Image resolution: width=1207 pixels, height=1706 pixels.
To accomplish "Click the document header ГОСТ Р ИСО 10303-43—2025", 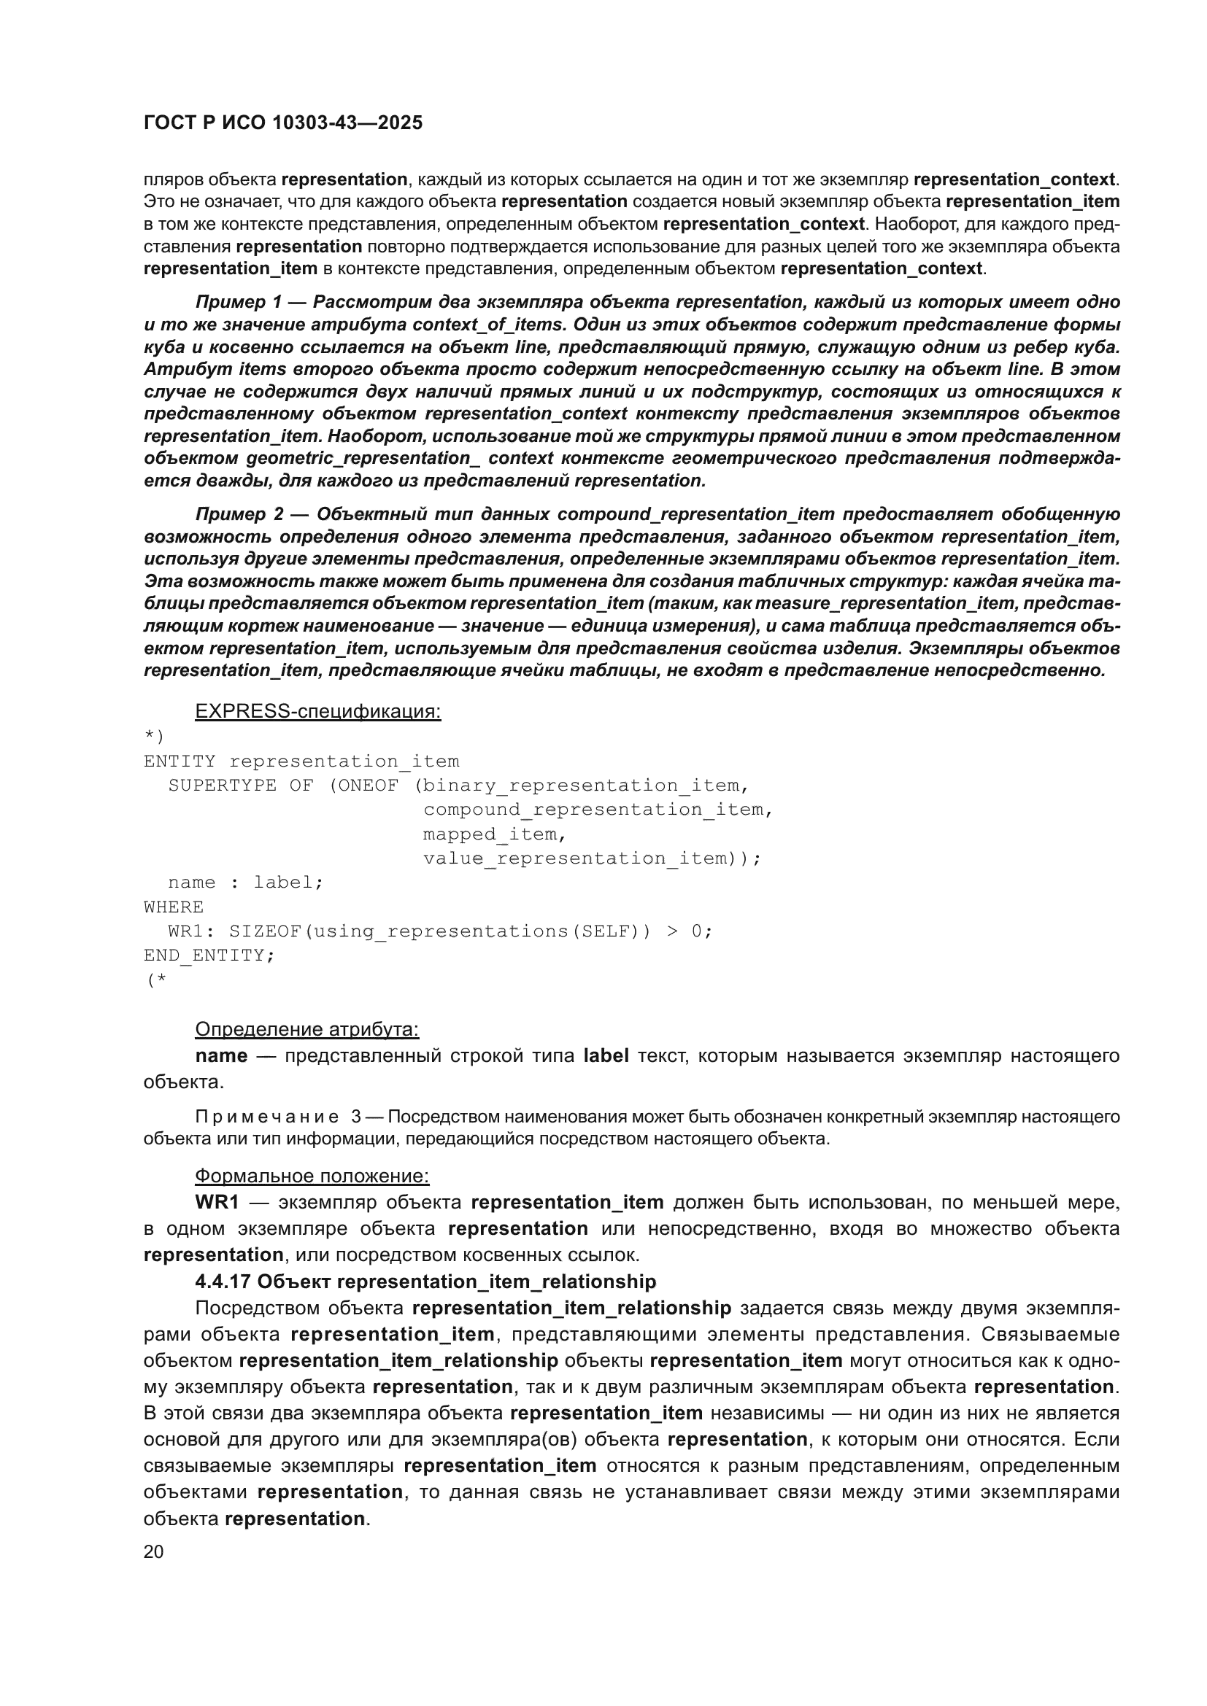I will click(282, 123).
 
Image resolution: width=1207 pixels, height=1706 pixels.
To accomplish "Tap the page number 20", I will click(153, 1551).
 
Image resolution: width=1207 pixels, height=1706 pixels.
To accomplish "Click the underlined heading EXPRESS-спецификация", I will click(317, 712).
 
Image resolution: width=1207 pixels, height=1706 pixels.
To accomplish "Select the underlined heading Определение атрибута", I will click(307, 1029).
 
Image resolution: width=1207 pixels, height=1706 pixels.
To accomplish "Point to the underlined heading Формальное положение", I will click(312, 1176).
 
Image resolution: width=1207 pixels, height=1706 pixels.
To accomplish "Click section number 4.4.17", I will click(223, 1282).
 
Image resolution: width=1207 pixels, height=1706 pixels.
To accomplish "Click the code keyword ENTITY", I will click(179, 761).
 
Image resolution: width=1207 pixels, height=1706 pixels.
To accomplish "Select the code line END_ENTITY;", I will click(209, 955).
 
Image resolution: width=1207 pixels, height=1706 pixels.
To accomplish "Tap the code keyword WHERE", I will click(173, 907).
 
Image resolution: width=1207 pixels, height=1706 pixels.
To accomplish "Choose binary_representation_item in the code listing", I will click(581, 786).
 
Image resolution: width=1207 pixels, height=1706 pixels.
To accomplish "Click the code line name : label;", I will click(245, 883).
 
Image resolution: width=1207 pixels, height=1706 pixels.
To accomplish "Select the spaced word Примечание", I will click(266, 1117).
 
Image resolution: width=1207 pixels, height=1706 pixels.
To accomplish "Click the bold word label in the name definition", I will click(606, 1056).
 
